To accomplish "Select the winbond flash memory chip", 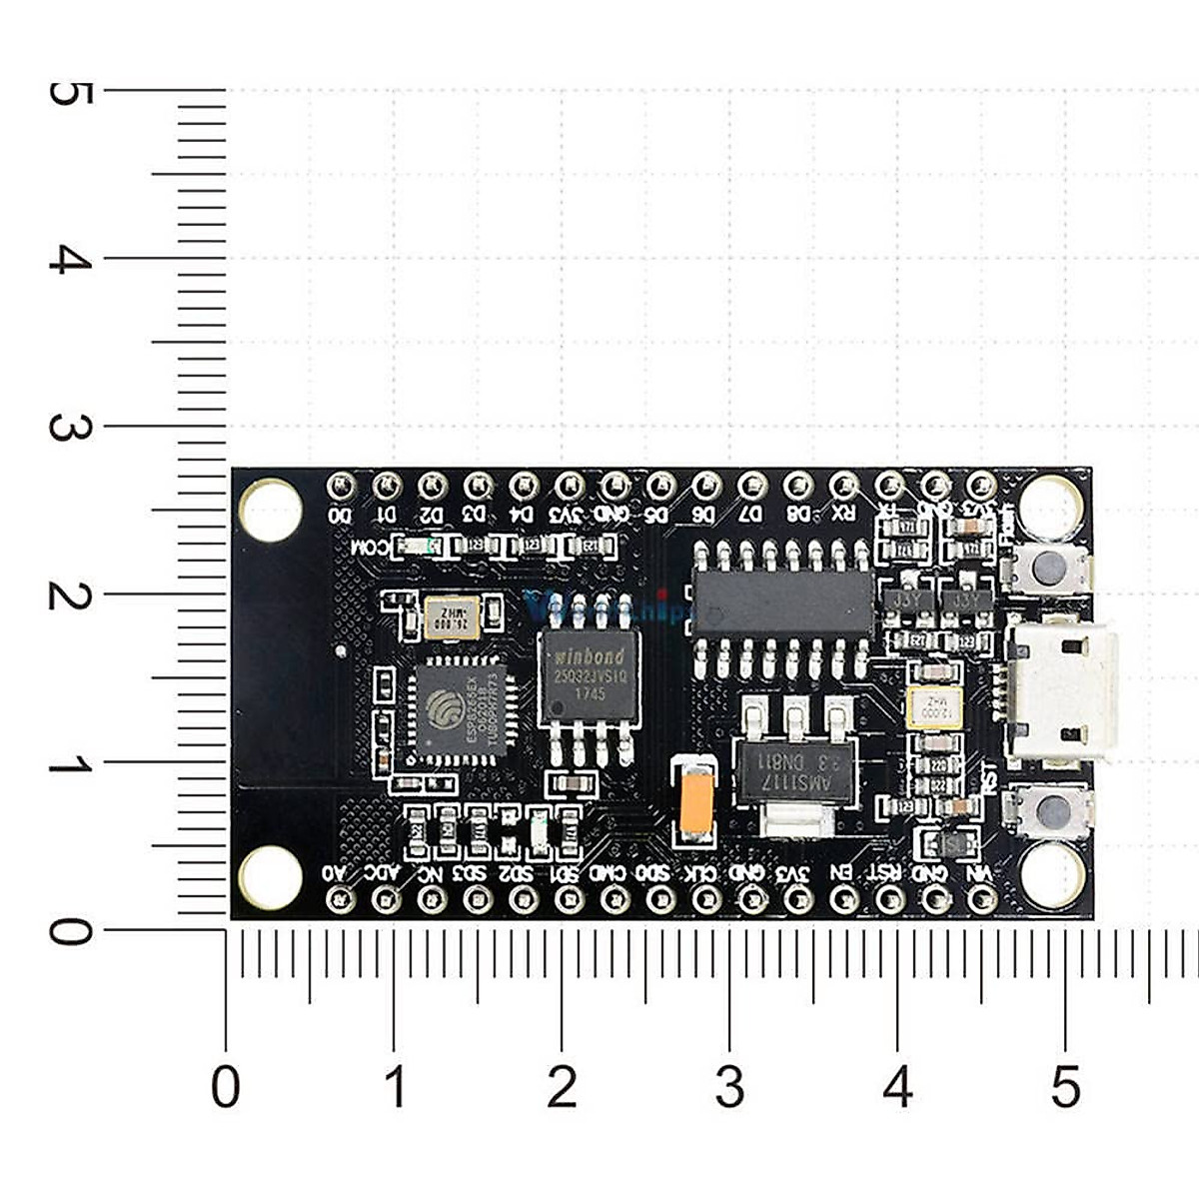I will click(x=588, y=676).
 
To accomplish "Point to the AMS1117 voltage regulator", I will click(x=795, y=769).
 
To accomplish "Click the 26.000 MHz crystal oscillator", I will click(x=452, y=617).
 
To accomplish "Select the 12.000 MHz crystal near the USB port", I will click(x=933, y=707).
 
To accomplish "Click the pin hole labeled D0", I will click(x=342, y=486).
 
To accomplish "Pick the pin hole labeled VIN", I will click(x=982, y=900).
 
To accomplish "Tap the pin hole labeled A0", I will click(x=342, y=900).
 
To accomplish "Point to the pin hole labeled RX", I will click(x=844, y=486).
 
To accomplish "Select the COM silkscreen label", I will click(x=373, y=547).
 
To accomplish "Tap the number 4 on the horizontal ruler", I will click(x=897, y=1086).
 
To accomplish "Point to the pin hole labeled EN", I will click(x=844, y=900).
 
